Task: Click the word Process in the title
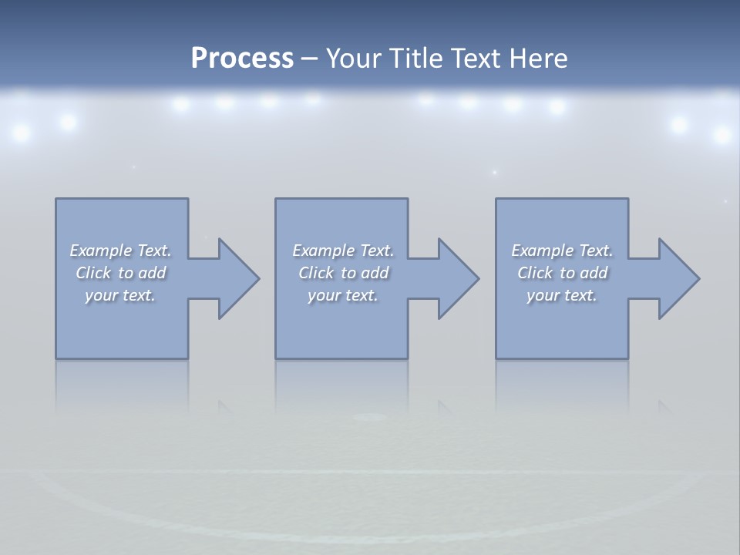[242, 59]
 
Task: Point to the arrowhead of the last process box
[678, 278]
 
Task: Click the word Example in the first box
[100, 251]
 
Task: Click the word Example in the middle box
[323, 251]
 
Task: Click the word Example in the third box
[542, 251]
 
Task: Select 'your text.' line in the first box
[120, 295]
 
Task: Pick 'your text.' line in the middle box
[343, 295]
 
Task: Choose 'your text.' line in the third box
[562, 295]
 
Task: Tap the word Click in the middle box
[315, 273]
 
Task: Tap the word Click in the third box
[534, 273]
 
